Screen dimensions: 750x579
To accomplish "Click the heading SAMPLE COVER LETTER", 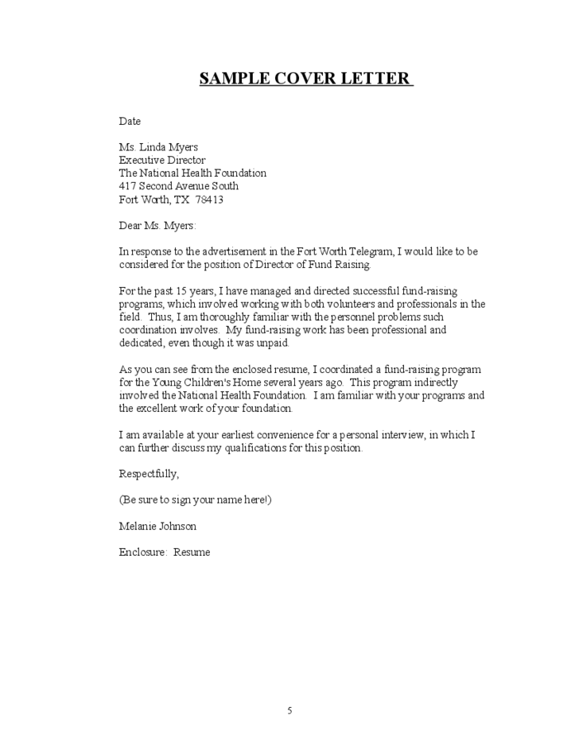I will (x=305, y=79).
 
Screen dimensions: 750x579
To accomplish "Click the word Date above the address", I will (x=130, y=122).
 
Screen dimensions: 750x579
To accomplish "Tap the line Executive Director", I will (x=162, y=160).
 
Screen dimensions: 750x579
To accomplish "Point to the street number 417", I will (x=127, y=186).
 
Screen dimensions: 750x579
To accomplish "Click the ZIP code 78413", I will (x=209, y=200).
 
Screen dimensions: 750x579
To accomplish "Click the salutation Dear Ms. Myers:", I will (x=157, y=225).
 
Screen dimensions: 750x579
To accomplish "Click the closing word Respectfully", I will (x=149, y=474).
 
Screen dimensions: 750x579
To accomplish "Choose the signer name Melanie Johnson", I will (x=157, y=527).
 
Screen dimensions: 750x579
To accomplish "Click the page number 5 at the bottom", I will (x=289, y=711).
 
